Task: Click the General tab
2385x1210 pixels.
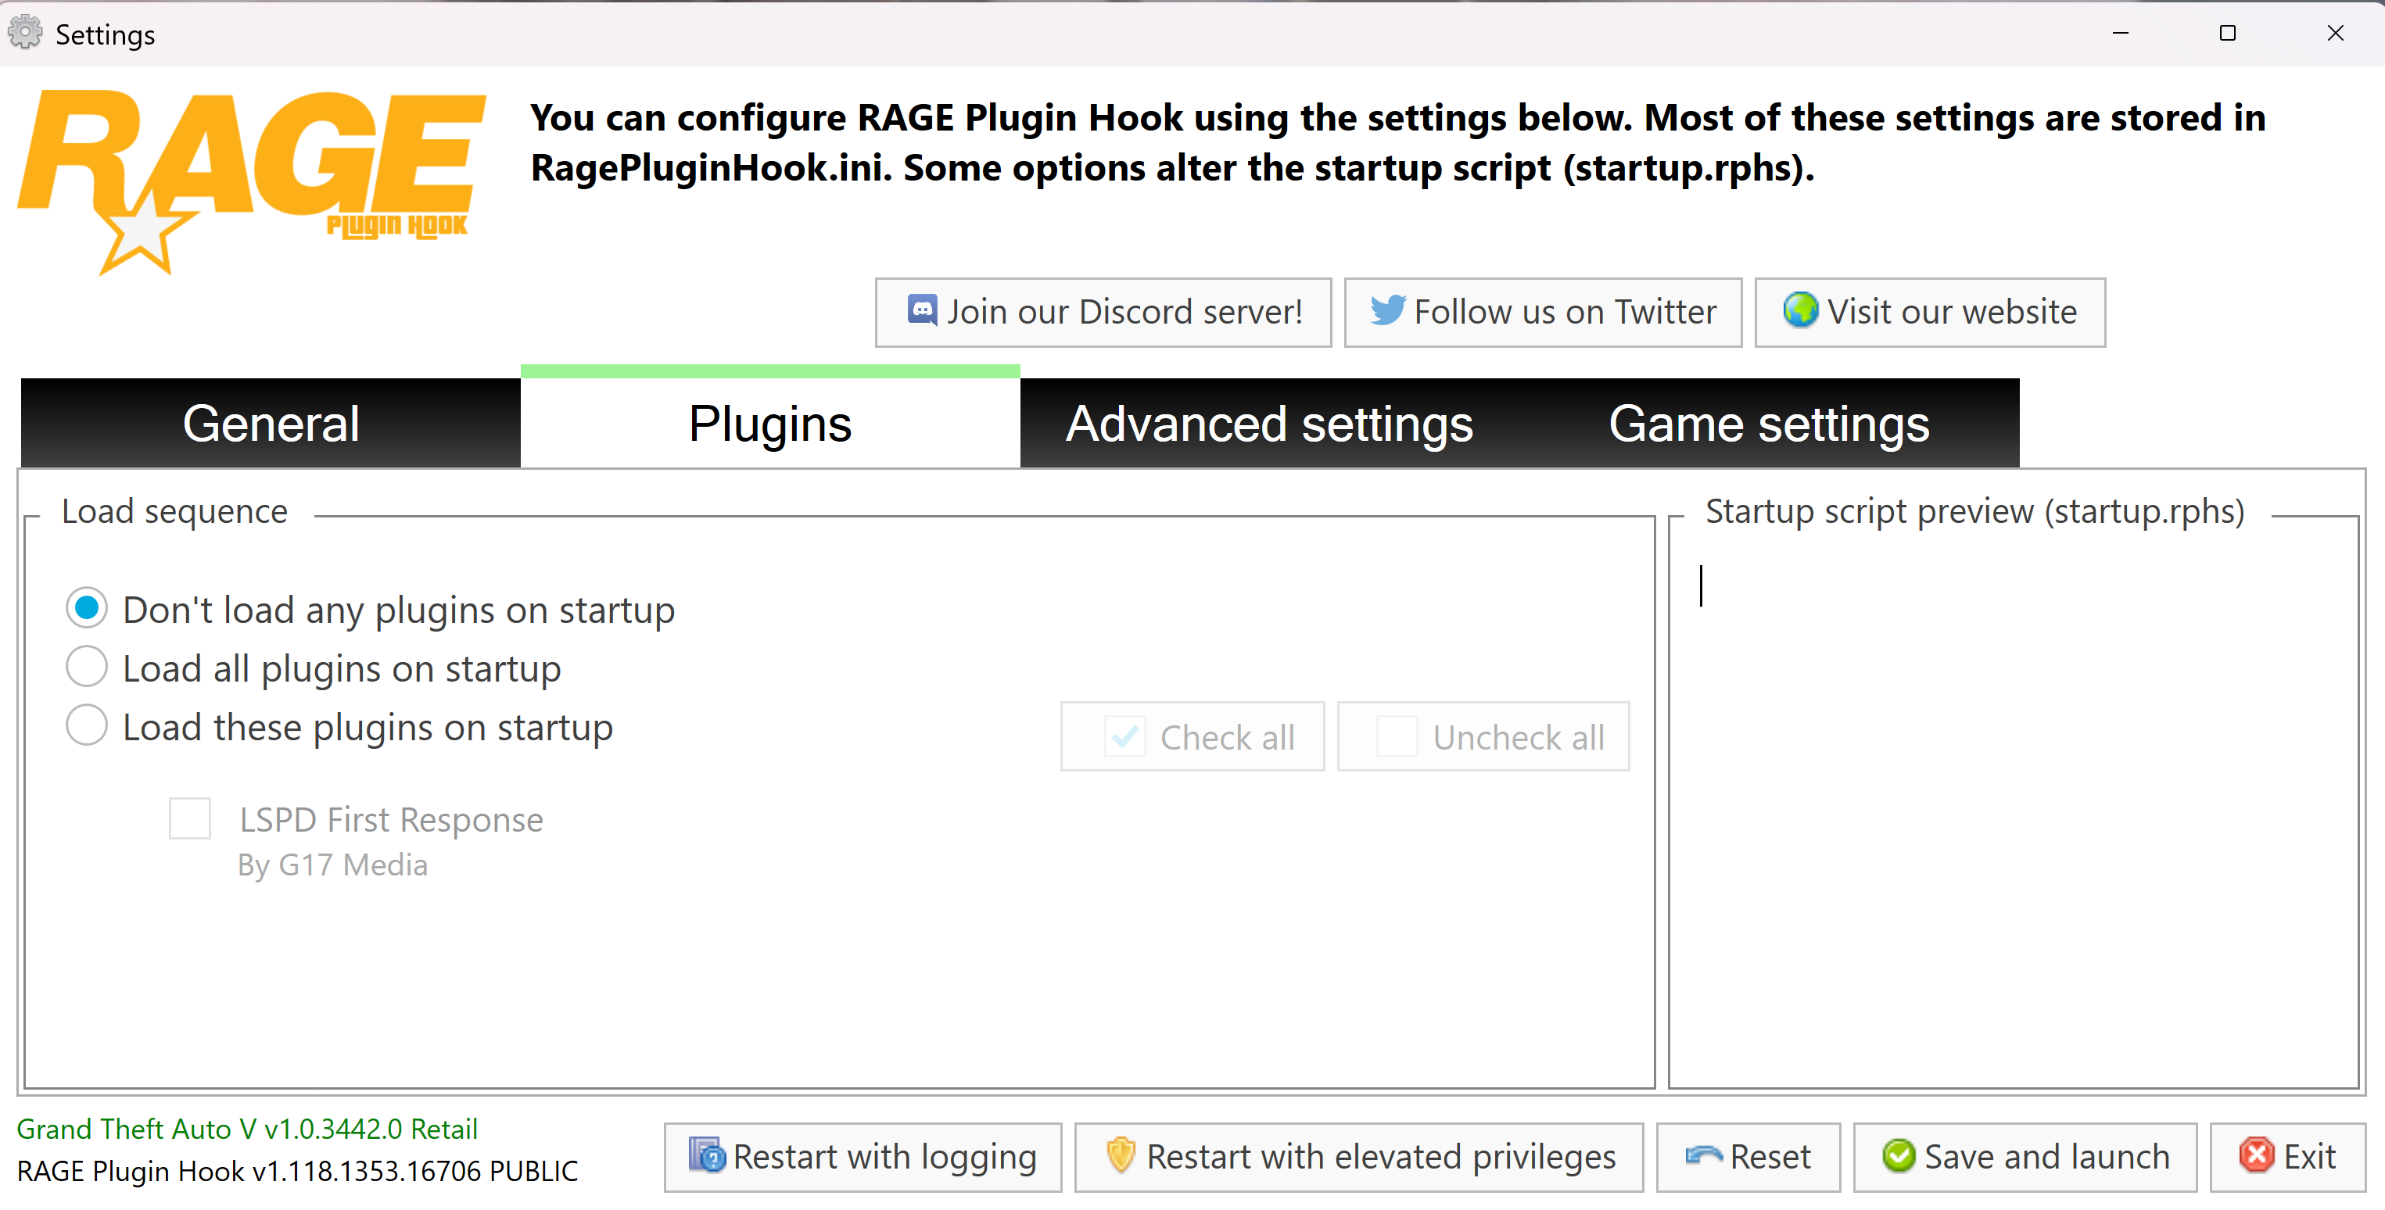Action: tap(271, 424)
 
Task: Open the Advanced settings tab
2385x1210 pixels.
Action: tap(1268, 424)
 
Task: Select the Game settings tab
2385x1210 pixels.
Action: tap(1768, 424)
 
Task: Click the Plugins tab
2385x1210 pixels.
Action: tap(769, 424)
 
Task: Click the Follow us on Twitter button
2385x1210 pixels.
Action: tap(1543, 313)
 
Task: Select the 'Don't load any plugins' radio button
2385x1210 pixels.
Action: tap(87, 608)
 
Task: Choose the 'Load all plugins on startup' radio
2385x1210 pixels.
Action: tap(87, 668)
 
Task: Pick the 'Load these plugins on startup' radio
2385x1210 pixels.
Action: tap(87, 726)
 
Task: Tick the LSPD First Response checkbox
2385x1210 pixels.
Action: tap(190, 819)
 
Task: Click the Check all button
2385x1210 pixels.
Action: tap(1192, 737)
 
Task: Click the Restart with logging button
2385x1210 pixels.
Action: tap(863, 1157)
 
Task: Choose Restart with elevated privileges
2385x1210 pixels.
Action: tap(1359, 1157)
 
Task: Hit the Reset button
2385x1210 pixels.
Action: tap(1748, 1157)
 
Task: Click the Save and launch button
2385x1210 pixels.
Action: tap(2025, 1157)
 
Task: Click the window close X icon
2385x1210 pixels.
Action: tap(2335, 34)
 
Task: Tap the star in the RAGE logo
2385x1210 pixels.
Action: tap(141, 231)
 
